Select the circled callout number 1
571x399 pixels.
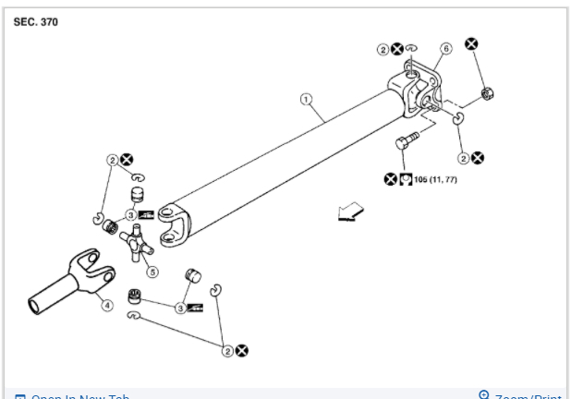306,99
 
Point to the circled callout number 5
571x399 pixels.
153,272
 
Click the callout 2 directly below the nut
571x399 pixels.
464,157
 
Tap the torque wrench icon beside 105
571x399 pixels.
406,178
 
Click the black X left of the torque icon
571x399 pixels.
390,178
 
